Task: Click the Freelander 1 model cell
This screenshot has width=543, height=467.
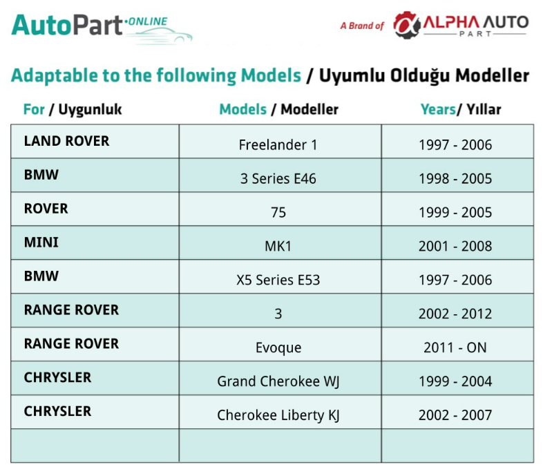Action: coord(278,144)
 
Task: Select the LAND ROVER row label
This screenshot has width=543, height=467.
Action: coord(66,141)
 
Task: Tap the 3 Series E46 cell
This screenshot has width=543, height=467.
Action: coord(278,179)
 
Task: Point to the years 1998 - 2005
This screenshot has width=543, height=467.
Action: coord(455,179)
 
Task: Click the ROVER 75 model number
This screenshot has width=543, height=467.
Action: coord(278,212)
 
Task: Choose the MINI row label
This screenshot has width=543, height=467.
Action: coord(41,242)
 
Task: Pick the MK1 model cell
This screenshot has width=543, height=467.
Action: coord(278,246)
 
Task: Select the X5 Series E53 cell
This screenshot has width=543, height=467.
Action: coord(278,280)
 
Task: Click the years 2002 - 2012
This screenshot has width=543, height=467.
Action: coord(455,314)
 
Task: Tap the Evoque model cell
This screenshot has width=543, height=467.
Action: coord(278,347)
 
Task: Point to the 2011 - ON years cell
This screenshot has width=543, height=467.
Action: coord(455,347)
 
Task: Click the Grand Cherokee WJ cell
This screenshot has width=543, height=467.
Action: coord(278,381)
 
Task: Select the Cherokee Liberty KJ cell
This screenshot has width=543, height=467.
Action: coord(278,415)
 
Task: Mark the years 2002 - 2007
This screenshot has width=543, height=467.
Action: coord(455,415)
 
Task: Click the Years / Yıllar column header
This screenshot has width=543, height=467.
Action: coord(461,109)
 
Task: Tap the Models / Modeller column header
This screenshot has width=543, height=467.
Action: coord(279,109)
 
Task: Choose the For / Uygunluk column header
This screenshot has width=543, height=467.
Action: coord(73,109)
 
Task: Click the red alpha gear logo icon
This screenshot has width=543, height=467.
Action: coord(406,25)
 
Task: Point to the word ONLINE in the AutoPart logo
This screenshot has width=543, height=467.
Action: coord(148,21)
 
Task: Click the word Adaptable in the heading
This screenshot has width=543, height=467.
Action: coord(55,75)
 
